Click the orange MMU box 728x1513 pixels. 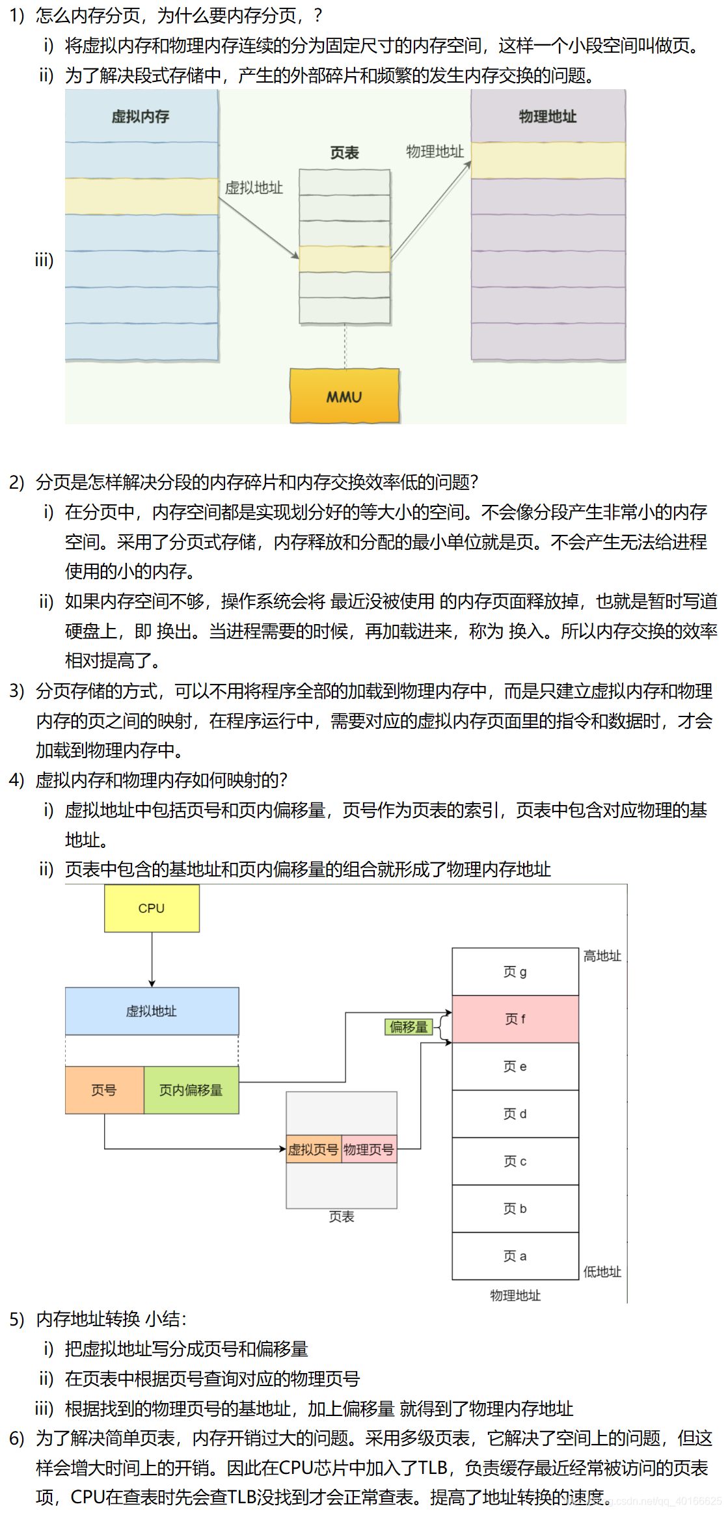(344, 396)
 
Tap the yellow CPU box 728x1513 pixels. (152, 908)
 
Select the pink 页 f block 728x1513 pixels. (515, 1019)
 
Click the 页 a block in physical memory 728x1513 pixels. (515, 1256)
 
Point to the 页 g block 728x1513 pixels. (515, 972)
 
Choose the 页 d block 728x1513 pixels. (515, 1114)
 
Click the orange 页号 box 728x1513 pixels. (104, 1090)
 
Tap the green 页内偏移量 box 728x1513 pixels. (191, 1090)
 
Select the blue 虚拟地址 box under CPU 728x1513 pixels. (152, 1011)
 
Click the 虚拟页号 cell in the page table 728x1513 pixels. (314, 1150)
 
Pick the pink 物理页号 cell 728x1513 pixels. (369, 1150)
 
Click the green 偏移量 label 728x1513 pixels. (409, 1027)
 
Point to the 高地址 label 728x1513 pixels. (602, 956)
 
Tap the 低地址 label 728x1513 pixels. (602, 1272)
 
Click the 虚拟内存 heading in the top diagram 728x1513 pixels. (141, 116)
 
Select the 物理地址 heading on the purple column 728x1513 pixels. (548, 116)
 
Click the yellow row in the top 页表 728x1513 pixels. (345, 259)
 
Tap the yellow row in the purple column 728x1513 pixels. (548, 160)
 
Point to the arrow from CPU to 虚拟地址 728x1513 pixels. (152, 959)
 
